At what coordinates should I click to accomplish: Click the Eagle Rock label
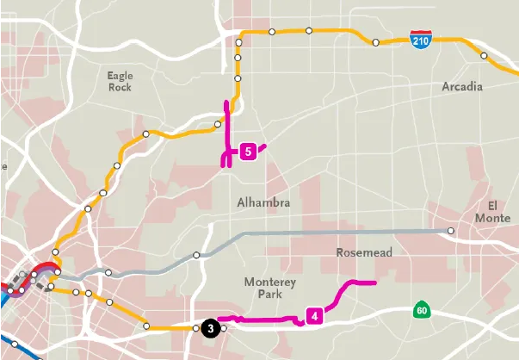[120, 81]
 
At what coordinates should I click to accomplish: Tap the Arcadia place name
[462, 87]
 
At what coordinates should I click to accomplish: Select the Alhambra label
[263, 202]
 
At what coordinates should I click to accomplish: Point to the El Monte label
[492, 211]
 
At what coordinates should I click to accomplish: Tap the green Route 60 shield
[420, 310]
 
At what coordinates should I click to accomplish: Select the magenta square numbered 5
[248, 152]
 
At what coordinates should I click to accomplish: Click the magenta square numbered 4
[314, 315]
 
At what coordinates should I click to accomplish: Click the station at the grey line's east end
[451, 231]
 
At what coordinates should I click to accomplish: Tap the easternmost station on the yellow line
[484, 56]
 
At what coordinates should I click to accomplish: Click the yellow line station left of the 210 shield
[375, 42]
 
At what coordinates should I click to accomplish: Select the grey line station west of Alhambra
[196, 255]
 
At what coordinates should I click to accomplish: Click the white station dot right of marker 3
[223, 328]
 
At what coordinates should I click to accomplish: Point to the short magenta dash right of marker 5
[262, 147]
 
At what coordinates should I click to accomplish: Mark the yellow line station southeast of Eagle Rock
[147, 134]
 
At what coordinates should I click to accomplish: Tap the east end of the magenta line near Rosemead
[375, 282]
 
